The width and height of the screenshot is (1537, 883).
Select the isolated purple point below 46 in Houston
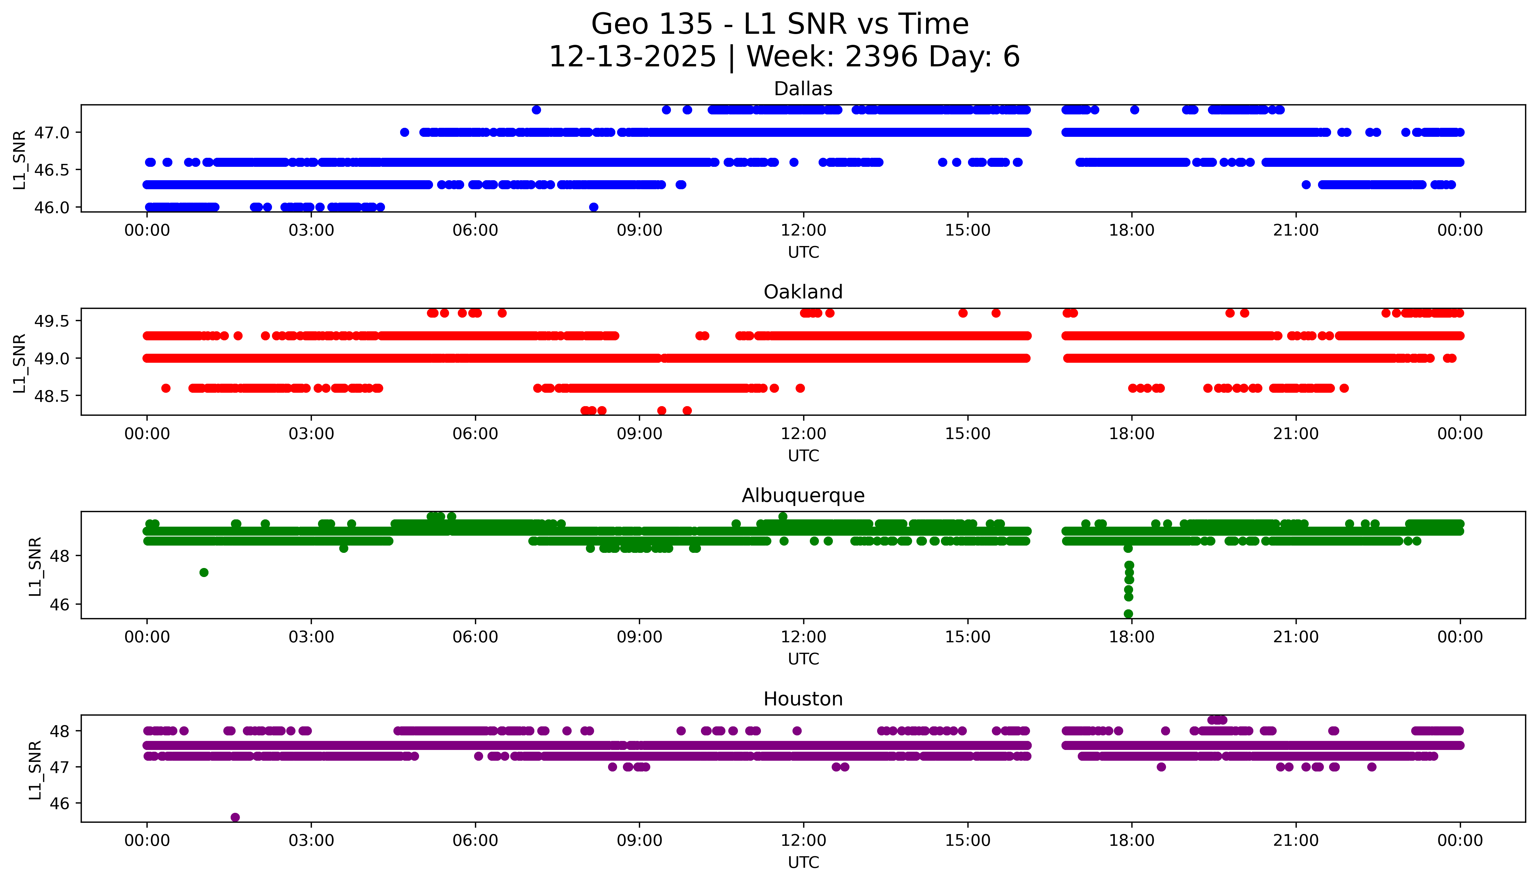[235, 817]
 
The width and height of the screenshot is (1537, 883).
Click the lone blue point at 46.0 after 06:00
[594, 207]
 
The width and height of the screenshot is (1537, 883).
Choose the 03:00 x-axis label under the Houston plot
[311, 840]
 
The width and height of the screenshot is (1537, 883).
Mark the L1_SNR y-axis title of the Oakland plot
[20, 363]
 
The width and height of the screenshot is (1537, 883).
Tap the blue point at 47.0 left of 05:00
[404, 132]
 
